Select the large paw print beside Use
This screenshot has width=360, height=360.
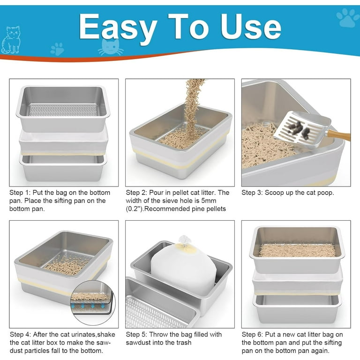(x=347, y=17)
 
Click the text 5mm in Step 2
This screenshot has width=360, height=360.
(x=222, y=201)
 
